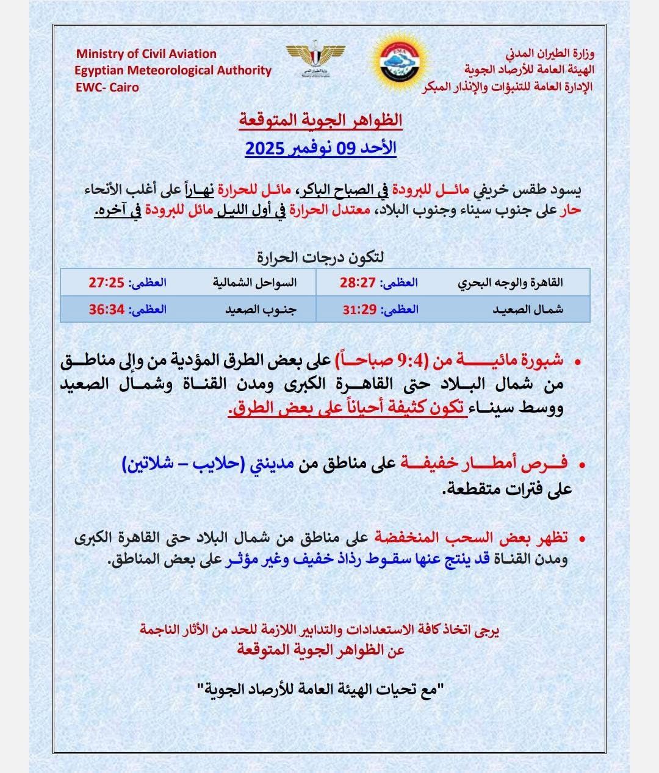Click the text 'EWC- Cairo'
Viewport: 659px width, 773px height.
pos(107,87)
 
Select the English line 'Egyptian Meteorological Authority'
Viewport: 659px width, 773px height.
pos(173,70)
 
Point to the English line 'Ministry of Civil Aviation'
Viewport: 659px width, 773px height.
pos(146,54)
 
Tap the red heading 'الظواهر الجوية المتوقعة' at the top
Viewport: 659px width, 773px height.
pos(320,120)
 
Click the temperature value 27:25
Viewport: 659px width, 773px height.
pos(107,283)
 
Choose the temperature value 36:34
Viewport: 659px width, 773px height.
pos(107,309)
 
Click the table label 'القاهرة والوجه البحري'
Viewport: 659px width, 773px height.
pos(511,283)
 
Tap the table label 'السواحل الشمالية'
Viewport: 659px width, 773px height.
pos(254,283)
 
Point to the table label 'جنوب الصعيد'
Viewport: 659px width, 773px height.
pos(261,309)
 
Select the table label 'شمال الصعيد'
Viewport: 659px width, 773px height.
pos(528,309)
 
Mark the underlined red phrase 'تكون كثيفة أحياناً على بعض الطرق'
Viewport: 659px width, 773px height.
pos(348,409)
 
